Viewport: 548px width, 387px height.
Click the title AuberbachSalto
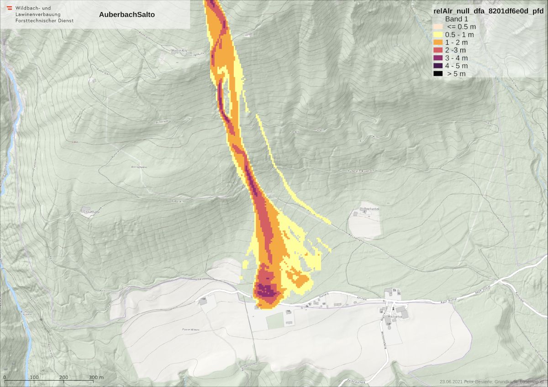tap(126, 15)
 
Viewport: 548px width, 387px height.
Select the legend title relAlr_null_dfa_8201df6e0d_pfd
tap(489, 11)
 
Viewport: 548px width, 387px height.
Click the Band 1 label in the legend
tap(457, 19)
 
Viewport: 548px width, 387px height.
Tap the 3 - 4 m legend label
tap(457, 58)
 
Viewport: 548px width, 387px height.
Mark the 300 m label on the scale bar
tap(96, 377)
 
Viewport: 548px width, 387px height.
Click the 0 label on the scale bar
tap(5, 377)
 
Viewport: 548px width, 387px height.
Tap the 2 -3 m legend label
tap(455, 50)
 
